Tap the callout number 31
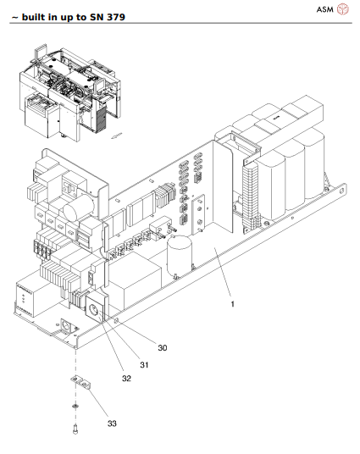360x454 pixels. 145,363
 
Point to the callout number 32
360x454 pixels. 126,379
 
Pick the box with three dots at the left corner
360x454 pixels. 27,303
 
